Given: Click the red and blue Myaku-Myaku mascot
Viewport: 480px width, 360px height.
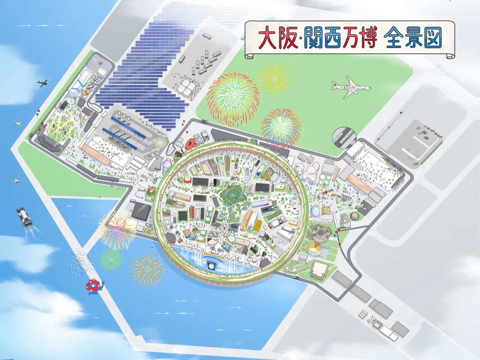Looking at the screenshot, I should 94,286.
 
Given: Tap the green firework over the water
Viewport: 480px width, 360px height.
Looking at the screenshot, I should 111,259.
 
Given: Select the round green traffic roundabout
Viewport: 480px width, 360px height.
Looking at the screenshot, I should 160,143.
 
